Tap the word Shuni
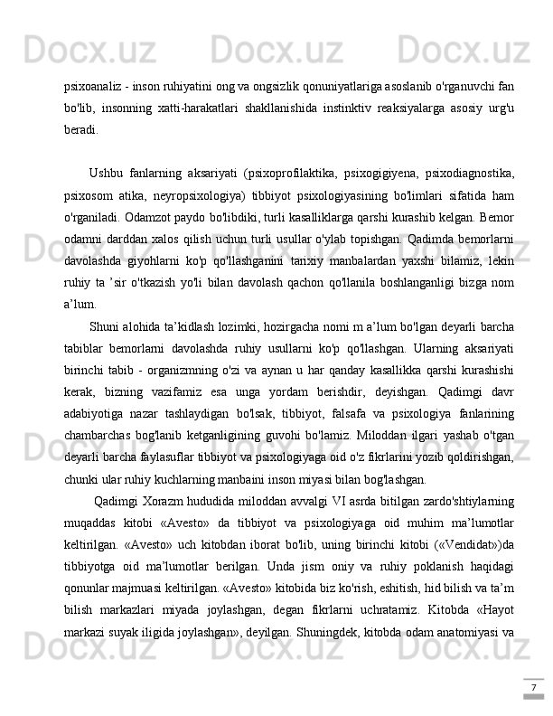point(108,325)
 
